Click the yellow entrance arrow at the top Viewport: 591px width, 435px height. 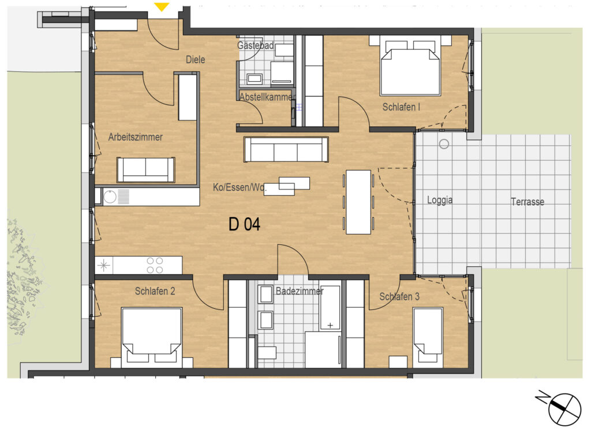tap(162, 7)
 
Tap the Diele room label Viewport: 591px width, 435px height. tap(195, 59)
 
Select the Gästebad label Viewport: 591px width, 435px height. tap(255, 46)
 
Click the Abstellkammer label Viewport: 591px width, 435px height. tap(266, 97)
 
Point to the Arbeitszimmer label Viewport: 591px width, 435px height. tap(135, 137)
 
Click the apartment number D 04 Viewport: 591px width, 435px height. tap(244, 224)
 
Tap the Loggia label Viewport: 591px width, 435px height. tap(439, 200)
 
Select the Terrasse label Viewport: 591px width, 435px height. tap(528, 202)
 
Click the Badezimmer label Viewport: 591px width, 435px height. tap(300, 291)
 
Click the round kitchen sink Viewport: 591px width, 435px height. tap(110, 197)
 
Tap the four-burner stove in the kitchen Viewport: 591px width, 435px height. tap(155, 265)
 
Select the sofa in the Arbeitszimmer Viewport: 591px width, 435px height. tap(146, 170)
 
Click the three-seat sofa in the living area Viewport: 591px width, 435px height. tap(286, 149)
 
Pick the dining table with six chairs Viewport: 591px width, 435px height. tap(358, 202)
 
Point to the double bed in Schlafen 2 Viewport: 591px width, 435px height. tap(152, 338)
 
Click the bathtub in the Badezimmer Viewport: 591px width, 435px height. tap(330, 308)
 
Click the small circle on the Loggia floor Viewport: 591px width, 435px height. tap(444, 144)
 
